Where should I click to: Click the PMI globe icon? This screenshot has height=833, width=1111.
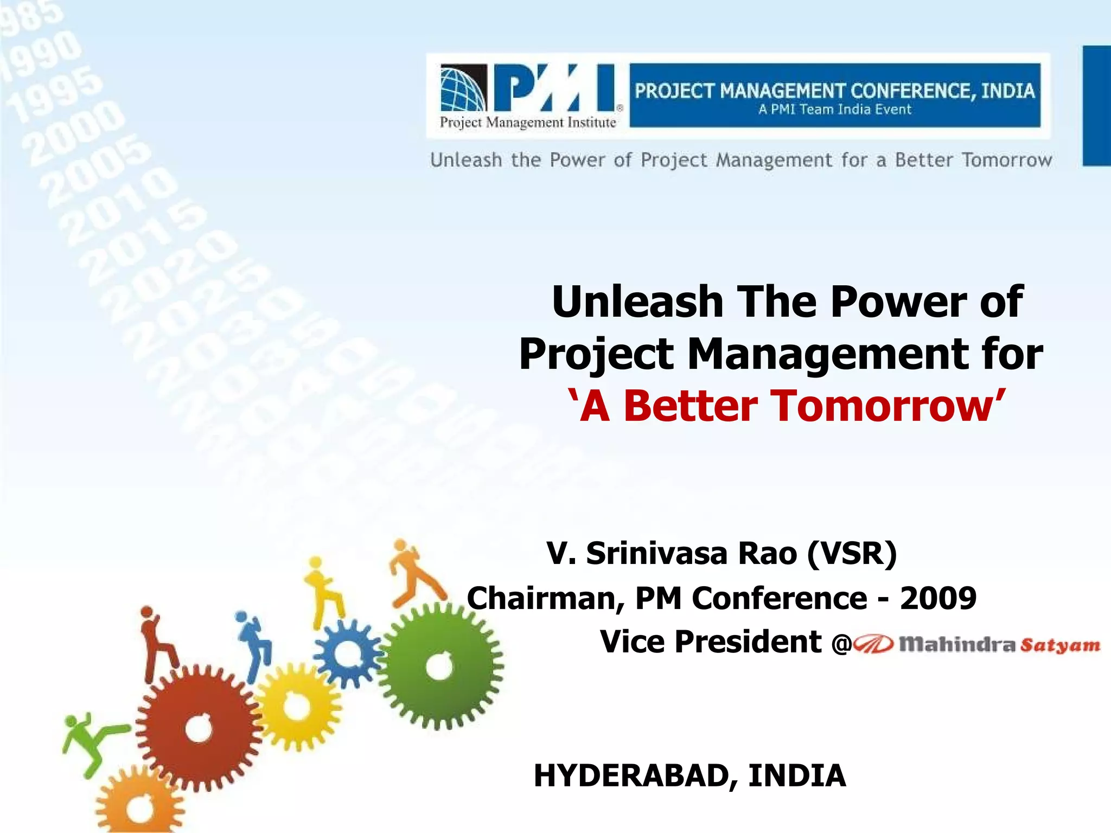click(463, 88)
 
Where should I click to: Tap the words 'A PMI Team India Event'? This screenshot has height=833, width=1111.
click(834, 110)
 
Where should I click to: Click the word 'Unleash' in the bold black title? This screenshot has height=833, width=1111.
click(637, 302)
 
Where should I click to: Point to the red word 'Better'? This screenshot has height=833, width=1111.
click(690, 406)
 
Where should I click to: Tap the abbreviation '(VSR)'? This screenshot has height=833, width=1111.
click(852, 554)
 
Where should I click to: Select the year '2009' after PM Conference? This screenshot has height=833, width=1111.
click(938, 598)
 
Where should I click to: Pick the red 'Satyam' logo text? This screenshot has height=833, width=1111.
click(1059, 645)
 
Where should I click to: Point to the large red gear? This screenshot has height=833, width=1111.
click(199, 728)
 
